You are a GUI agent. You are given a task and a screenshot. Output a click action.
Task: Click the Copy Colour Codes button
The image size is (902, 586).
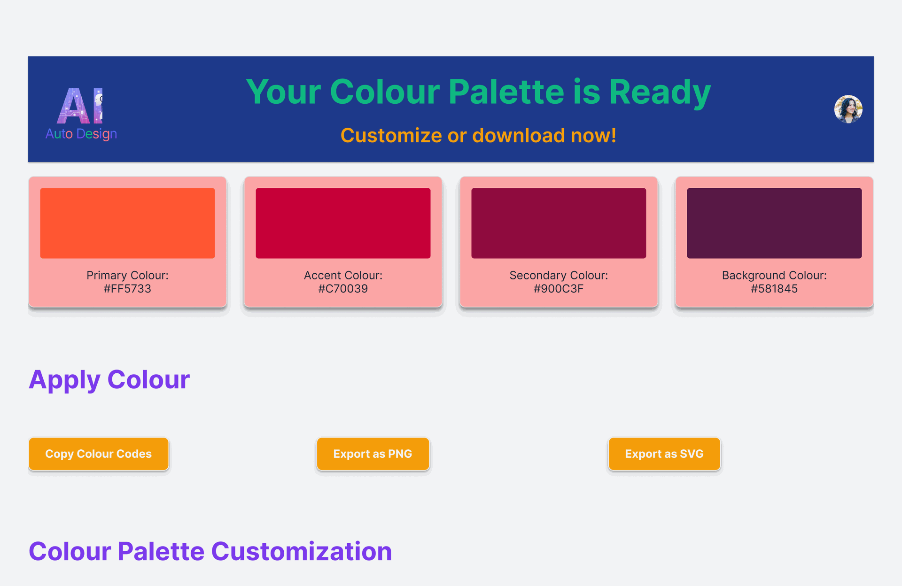click(x=99, y=454)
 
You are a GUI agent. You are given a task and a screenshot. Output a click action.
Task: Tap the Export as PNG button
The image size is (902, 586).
click(x=373, y=454)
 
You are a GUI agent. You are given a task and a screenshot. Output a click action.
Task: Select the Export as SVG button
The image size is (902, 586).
click(x=664, y=454)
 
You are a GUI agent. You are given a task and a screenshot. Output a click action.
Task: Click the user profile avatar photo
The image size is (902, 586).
click(x=848, y=109)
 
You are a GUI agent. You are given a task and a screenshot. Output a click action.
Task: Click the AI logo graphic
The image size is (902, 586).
click(x=80, y=106)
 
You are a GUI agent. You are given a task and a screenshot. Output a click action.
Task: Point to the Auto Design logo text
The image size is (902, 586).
click(x=81, y=134)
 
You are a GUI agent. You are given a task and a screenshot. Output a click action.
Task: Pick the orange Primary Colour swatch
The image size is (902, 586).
click(x=127, y=223)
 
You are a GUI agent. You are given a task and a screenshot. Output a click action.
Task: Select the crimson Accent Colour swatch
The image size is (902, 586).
click(x=343, y=223)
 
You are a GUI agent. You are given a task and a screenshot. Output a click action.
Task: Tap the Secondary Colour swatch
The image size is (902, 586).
click(x=559, y=223)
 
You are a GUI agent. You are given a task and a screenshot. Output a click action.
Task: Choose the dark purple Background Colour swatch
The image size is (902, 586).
click(x=774, y=223)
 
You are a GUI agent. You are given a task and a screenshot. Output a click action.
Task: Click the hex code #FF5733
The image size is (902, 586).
click(x=127, y=289)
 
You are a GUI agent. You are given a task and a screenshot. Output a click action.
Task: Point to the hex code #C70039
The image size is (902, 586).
click(x=343, y=289)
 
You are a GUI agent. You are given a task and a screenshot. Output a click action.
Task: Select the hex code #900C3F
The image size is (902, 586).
click(x=559, y=289)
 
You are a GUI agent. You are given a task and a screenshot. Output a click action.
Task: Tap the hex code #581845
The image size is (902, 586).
click(x=774, y=289)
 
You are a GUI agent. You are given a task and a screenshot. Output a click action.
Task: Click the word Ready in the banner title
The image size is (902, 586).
click(x=660, y=93)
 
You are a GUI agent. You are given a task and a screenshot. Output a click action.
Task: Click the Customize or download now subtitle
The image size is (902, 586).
click(x=478, y=136)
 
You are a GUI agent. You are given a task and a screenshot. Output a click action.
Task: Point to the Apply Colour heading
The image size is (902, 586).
click(x=109, y=380)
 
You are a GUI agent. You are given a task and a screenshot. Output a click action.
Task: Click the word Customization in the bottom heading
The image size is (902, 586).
click(x=302, y=551)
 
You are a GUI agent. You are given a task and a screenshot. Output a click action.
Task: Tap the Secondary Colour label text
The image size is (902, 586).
click(x=559, y=275)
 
